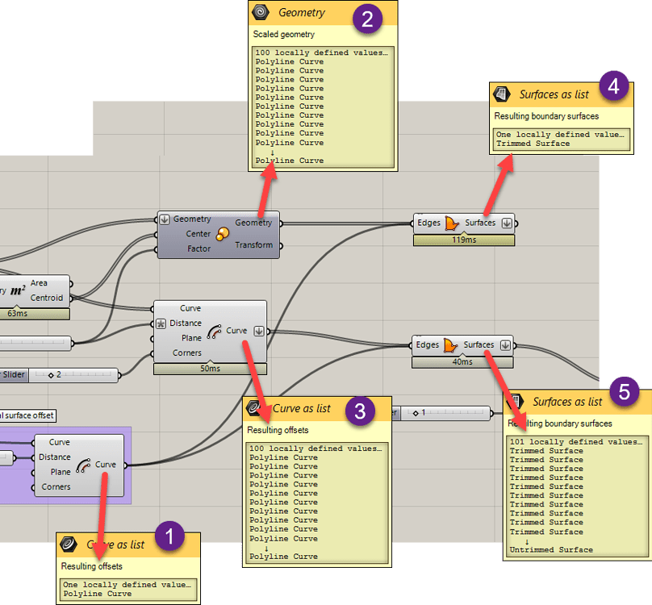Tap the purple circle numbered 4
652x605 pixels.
pyautogui.click(x=612, y=86)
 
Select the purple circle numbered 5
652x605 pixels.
pyautogui.click(x=625, y=393)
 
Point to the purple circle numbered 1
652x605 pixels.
pyautogui.click(x=169, y=536)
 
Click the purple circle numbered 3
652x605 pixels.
pyautogui.click(x=360, y=411)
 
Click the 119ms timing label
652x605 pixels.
pyautogui.click(x=463, y=240)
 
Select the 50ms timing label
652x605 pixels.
pyautogui.click(x=209, y=369)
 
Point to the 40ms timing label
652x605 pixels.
pyautogui.click(x=462, y=362)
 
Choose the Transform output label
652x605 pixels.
pyautogui.click(x=253, y=245)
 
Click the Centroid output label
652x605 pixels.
pyautogui.click(x=48, y=298)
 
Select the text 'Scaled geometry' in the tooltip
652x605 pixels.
pyautogui.click(x=283, y=35)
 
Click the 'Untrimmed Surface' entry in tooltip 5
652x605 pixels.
pyautogui.click(x=550, y=550)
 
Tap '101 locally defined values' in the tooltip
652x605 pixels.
pyautogui.click(x=575, y=442)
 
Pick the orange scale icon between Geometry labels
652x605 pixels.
pyautogui.click(x=223, y=234)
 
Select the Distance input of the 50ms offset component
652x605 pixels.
pyautogui.click(x=186, y=323)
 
